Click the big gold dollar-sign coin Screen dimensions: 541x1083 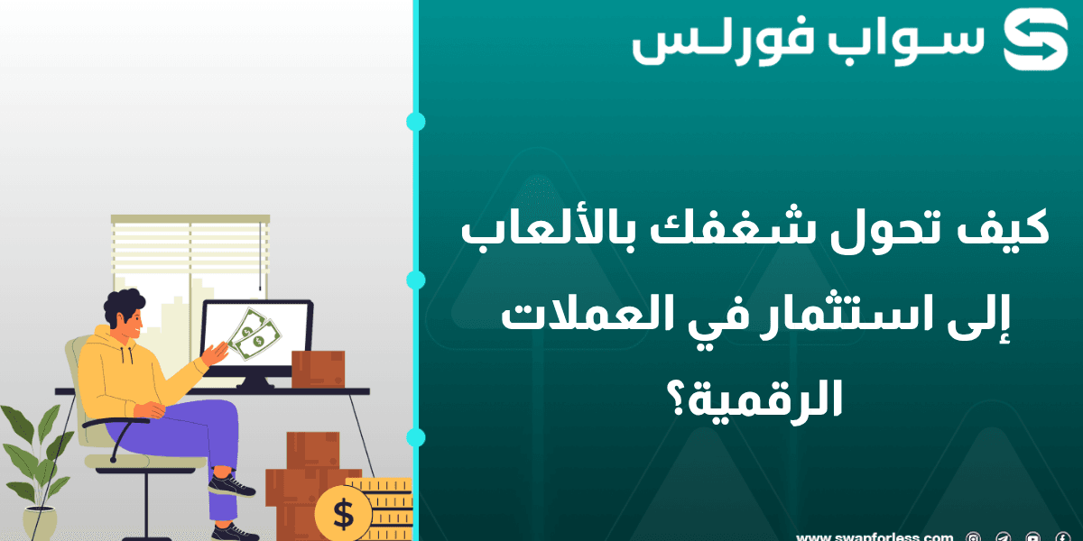coord(343,514)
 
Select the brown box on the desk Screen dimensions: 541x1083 coord(318,369)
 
